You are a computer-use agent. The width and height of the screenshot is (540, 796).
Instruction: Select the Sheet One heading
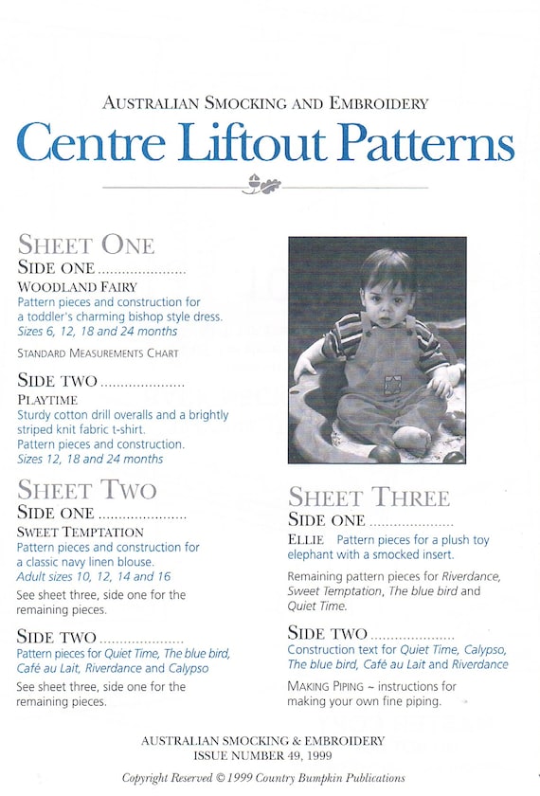tap(86, 244)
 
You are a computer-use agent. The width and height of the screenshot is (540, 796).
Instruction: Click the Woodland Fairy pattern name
tap(78, 286)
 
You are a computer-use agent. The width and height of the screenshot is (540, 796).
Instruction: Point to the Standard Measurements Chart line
tap(98, 353)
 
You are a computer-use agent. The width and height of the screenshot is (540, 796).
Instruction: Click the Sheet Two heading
tap(87, 490)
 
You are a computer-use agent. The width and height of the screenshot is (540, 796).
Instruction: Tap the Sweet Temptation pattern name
tap(79, 532)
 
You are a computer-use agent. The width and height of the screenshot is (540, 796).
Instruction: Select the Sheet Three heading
tap(369, 497)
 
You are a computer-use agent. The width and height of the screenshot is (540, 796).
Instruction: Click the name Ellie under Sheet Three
tap(305, 540)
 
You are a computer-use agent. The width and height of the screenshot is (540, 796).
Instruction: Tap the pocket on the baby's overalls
tap(390, 383)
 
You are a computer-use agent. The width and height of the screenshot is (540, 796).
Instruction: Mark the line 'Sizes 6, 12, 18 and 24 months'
tap(98, 332)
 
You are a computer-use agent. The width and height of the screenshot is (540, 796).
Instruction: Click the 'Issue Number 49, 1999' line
tap(262, 756)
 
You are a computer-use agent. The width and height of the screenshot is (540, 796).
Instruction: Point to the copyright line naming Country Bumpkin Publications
tap(263, 778)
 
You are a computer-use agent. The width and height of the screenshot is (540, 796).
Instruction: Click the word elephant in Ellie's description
tap(311, 554)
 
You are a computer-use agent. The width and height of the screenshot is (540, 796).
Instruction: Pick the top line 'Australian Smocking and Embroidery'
tap(265, 103)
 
